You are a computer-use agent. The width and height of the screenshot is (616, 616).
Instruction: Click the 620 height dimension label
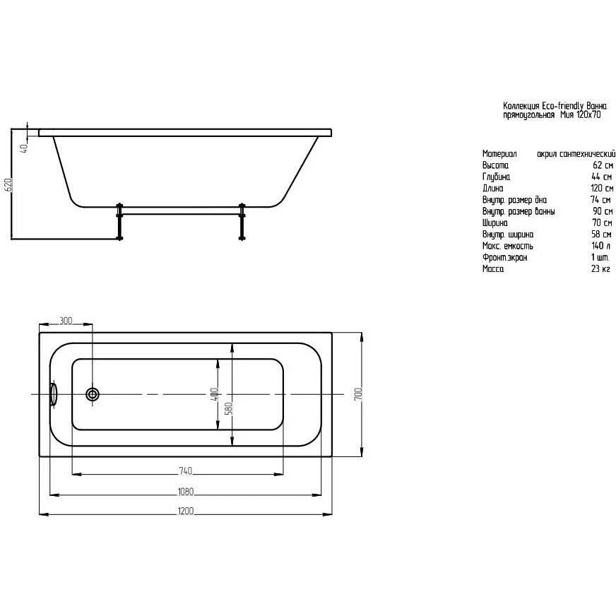pos(8,184)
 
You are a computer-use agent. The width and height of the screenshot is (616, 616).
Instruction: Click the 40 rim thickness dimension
pos(23,148)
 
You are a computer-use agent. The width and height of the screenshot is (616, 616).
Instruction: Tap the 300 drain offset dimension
pos(66,321)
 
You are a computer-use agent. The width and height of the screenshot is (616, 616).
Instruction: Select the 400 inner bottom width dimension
pos(214,395)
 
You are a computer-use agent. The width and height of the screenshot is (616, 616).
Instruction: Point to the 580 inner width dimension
pos(230,408)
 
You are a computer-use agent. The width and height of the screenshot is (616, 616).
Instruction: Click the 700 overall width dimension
pos(358,394)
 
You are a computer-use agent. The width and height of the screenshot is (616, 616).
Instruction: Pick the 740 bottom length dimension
pos(185,470)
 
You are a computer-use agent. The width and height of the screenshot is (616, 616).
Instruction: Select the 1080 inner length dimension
pos(186,492)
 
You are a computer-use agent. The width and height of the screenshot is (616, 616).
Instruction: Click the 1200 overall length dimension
pos(186,511)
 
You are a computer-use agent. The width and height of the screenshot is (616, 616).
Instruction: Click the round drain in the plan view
pos(93,394)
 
